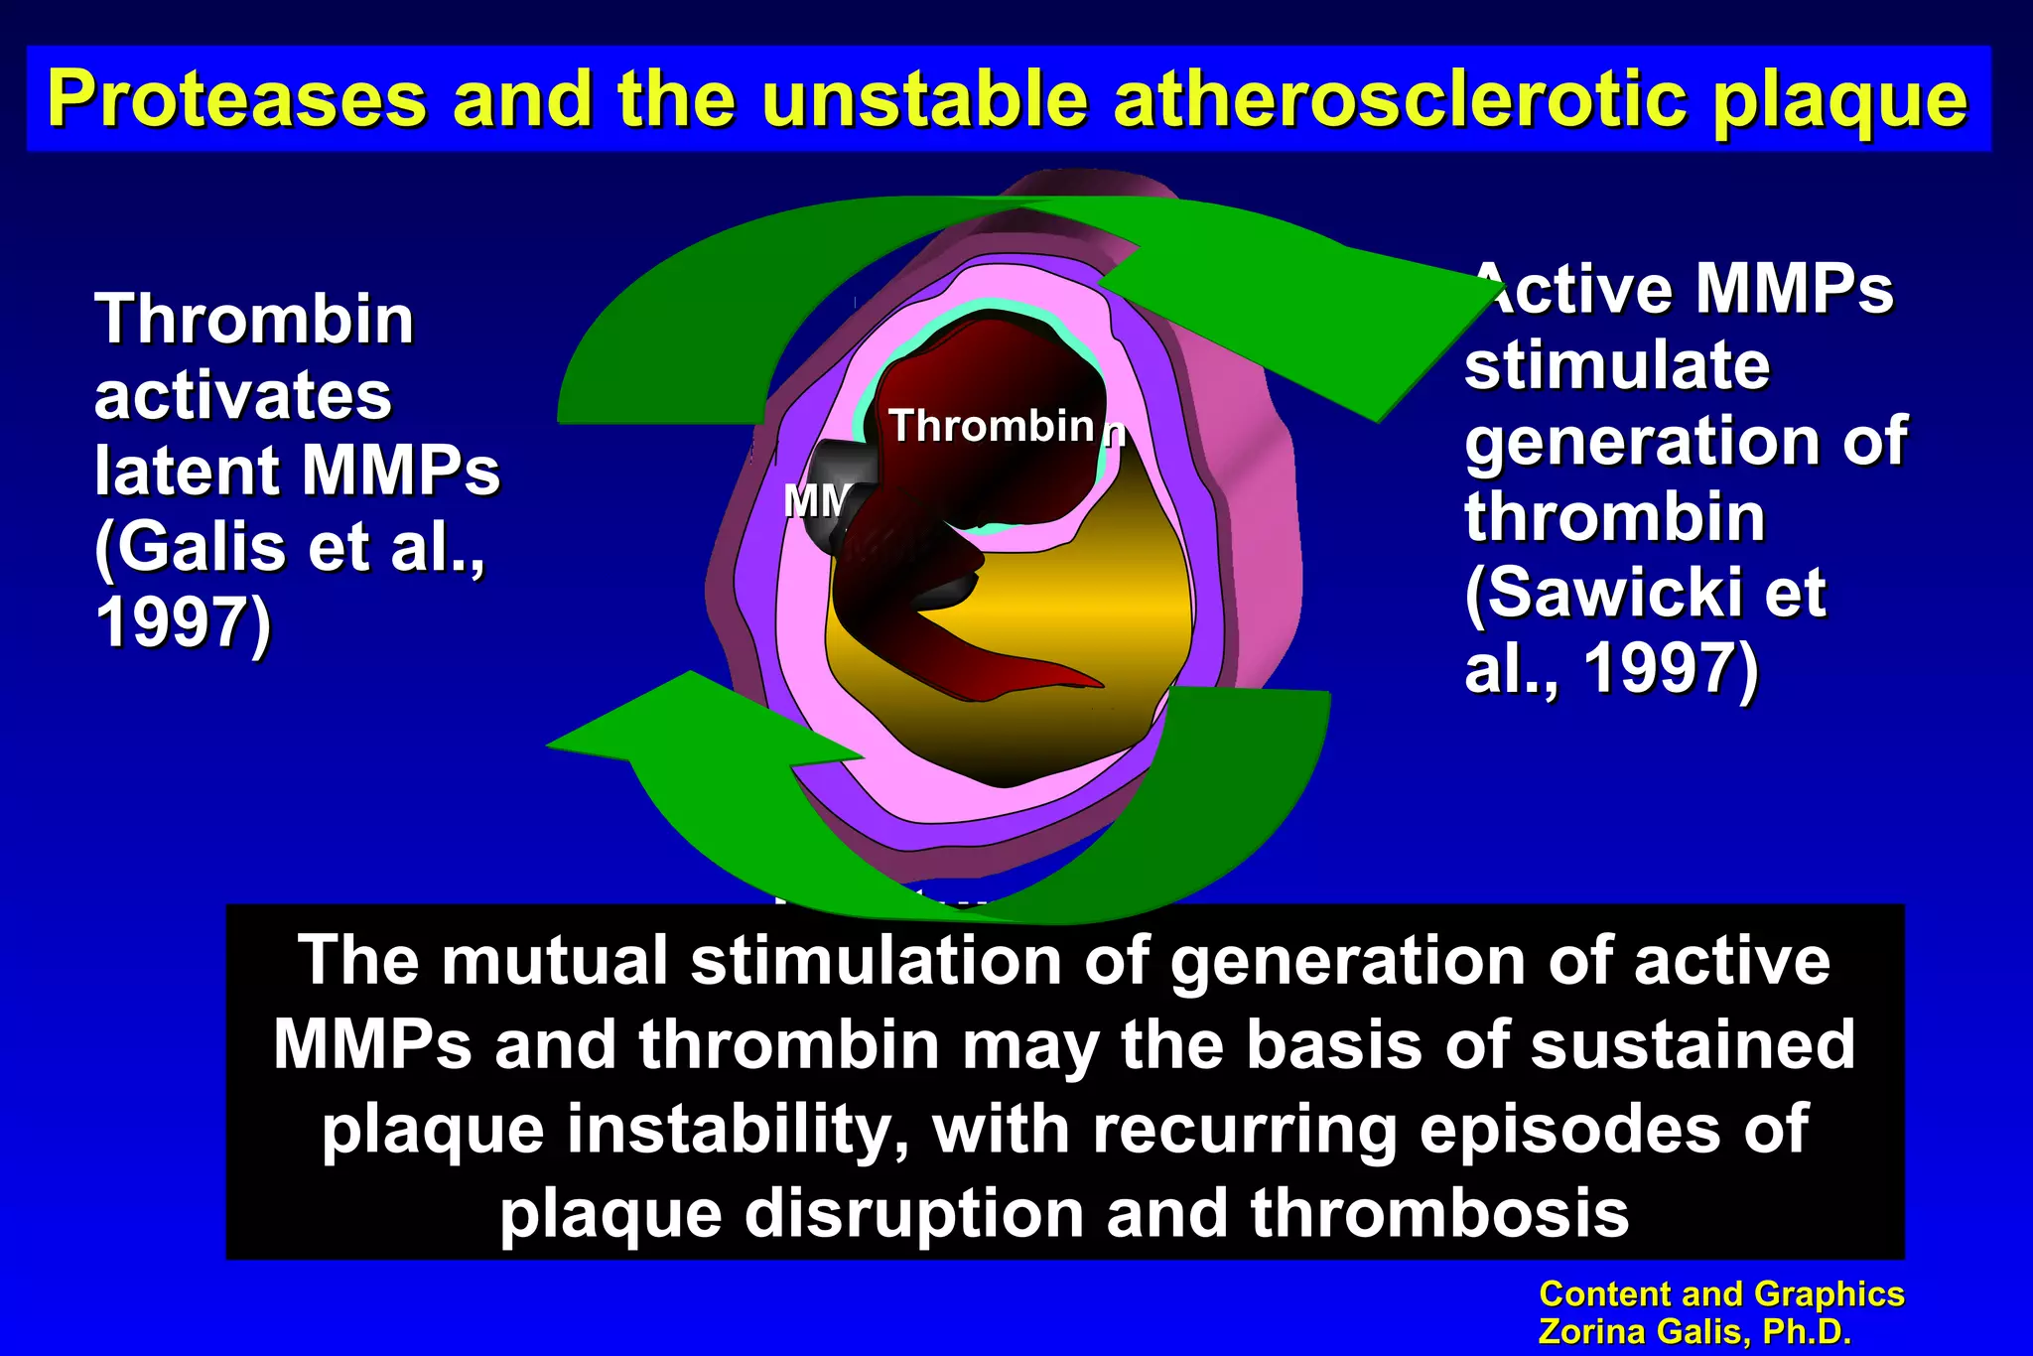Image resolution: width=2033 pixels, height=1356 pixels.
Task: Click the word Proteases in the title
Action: [x=236, y=99]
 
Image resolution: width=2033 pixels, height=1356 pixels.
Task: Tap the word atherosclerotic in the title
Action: [x=1400, y=99]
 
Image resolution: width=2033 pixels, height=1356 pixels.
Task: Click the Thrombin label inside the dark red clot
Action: [x=991, y=426]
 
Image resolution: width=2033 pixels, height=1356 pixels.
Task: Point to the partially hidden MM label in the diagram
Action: [x=815, y=501]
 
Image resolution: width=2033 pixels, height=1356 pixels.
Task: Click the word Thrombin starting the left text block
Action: [x=254, y=320]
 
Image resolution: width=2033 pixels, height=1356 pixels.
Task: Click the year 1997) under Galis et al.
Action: [x=183, y=622]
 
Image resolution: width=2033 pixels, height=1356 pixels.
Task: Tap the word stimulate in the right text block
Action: [x=1617, y=365]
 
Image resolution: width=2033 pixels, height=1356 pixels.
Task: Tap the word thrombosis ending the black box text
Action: [x=1438, y=1214]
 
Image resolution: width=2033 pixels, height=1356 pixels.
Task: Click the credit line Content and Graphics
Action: [x=1720, y=1294]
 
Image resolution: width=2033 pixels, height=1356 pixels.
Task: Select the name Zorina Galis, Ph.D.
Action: [x=1694, y=1331]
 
